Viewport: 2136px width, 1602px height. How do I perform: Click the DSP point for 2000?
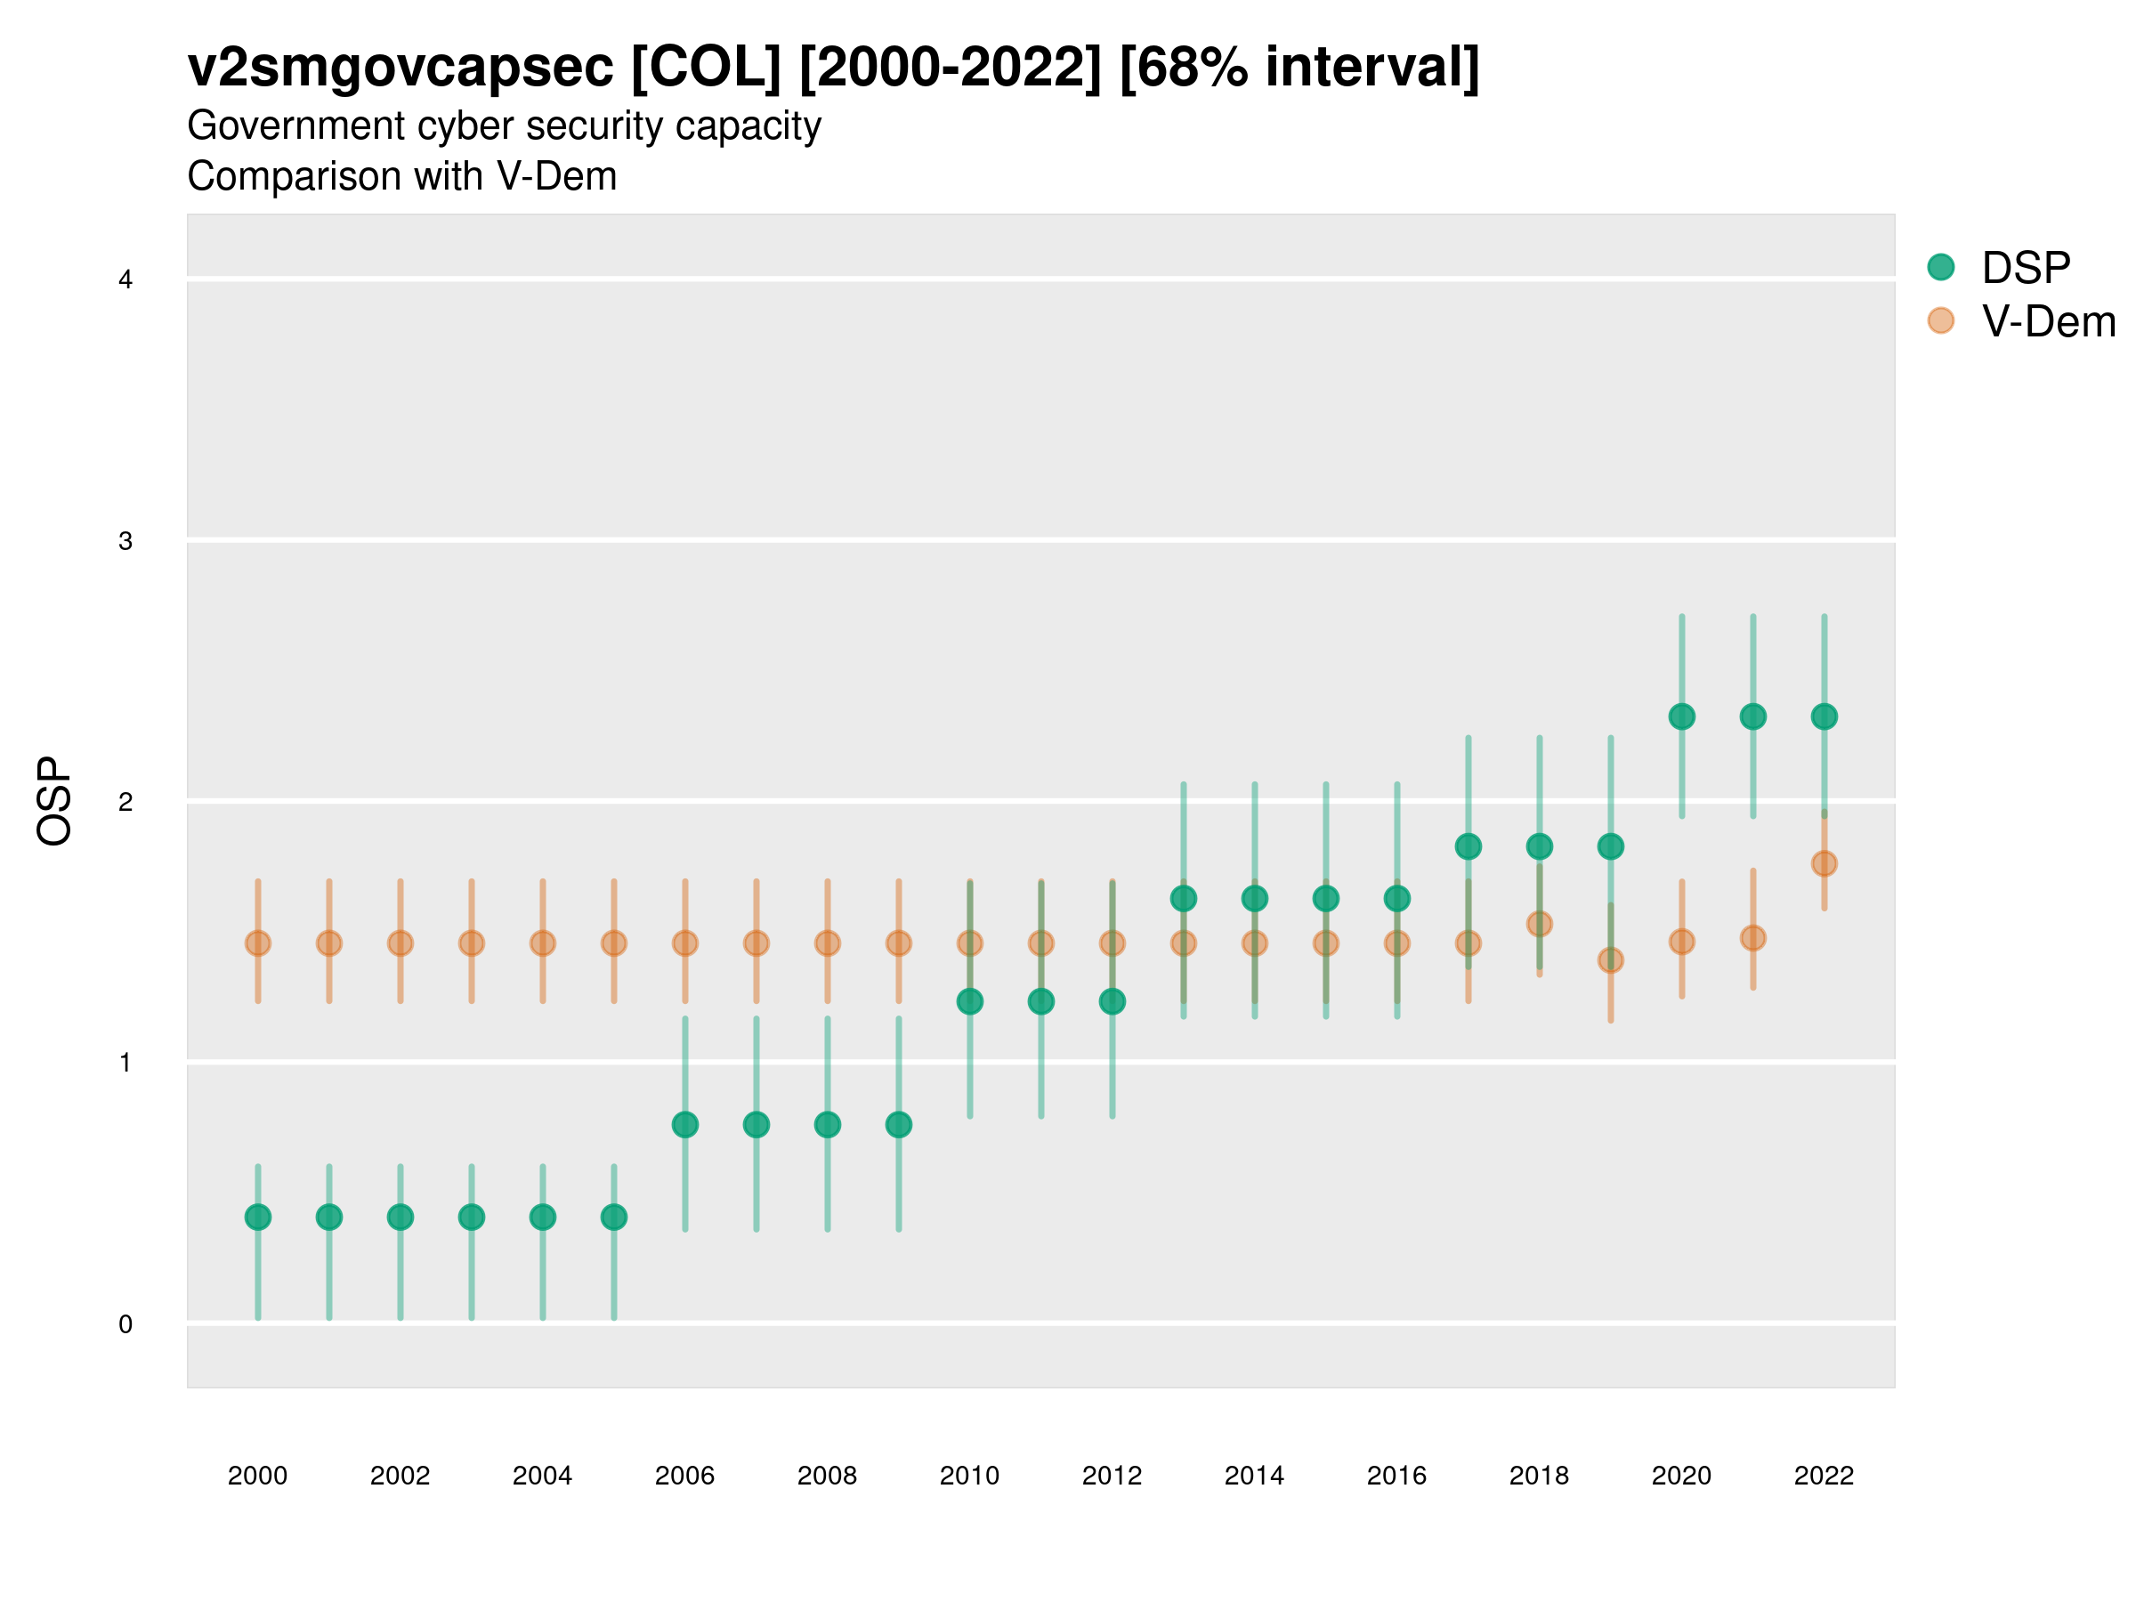pos(258,1217)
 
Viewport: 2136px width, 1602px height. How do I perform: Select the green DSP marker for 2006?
pos(684,1125)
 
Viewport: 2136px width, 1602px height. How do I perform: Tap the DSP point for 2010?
pos(969,1001)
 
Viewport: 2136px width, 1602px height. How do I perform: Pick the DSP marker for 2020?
pos(1681,716)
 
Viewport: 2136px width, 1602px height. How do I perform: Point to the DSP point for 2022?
pos(1824,716)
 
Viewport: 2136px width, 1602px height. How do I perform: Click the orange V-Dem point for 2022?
pos(1824,863)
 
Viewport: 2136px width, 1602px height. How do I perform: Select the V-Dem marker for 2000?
pos(258,943)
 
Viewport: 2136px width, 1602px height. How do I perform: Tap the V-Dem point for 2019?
pos(1611,959)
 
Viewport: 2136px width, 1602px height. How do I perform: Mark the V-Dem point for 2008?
pos(828,943)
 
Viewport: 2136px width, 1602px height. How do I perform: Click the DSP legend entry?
pos(2025,268)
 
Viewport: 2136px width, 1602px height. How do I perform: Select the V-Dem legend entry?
pos(2047,321)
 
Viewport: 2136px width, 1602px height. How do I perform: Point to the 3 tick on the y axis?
pos(125,541)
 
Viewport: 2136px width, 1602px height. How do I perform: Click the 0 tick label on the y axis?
pos(125,1324)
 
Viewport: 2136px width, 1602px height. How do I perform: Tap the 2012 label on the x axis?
pos(1112,1476)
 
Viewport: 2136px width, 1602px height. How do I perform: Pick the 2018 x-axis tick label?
pos(1539,1476)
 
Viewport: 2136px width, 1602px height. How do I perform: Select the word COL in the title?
pos(705,68)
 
